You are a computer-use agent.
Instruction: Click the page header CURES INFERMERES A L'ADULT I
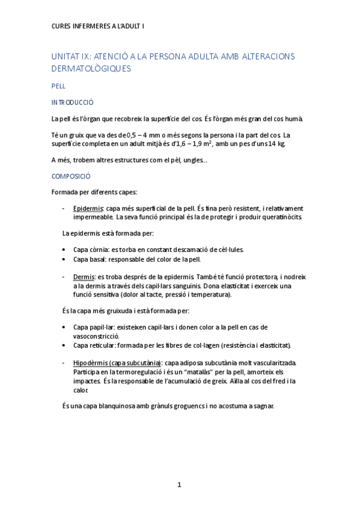[x=97, y=26]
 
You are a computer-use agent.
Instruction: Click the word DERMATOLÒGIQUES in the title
[x=91, y=69]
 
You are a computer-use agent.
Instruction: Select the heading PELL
[x=58, y=86]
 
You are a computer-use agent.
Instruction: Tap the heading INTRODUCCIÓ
[x=73, y=102]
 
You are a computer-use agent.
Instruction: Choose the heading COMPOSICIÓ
[x=71, y=176]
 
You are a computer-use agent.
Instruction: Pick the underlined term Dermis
[x=84, y=277]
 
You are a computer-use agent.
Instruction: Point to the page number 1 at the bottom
[x=179, y=485]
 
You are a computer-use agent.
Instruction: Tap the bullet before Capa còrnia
[x=65, y=249]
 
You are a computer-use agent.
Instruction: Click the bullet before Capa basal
[x=65, y=259]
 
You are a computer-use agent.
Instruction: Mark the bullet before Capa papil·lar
[x=65, y=327]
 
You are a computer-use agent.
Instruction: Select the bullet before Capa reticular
[x=65, y=345]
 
